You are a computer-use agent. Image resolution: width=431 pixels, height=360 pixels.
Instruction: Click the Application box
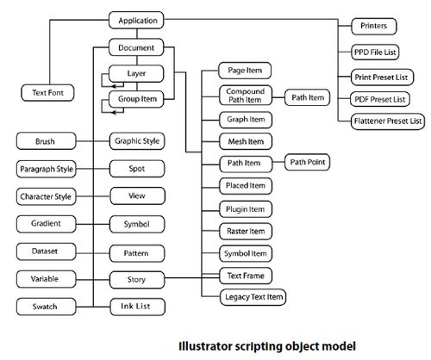click(136, 21)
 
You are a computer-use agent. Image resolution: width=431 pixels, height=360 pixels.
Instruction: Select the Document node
click(136, 47)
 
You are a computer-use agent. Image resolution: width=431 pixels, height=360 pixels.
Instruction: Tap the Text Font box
click(47, 93)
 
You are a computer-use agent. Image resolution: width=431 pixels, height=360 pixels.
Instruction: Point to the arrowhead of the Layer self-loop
click(114, 86)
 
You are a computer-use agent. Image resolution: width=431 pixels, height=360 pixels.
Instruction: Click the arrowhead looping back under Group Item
click(114, 112)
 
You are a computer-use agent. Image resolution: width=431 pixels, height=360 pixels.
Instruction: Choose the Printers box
click(374, 26)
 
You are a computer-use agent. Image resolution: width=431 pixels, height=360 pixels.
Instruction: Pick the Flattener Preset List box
click(388, 121)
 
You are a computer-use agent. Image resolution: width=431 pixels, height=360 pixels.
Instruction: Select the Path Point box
click(307, 162)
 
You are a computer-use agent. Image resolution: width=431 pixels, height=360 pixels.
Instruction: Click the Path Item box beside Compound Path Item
click(307, 97)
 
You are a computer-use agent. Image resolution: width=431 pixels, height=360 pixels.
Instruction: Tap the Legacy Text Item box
click(253, 297)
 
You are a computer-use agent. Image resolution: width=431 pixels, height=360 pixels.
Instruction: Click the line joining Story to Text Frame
click(192, 277)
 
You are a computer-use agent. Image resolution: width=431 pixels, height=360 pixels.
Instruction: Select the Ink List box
click(138, 307)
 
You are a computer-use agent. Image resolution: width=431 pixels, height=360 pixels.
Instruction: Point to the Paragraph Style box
click(47, 169)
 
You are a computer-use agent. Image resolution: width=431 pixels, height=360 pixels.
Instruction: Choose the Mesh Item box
click(246, 141)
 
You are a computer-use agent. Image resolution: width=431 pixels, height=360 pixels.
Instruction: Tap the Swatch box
click(47, 307)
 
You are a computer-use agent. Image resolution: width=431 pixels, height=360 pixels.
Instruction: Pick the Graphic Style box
click(137, 141)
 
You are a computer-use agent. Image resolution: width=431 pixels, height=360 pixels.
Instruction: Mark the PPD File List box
click(375, 53)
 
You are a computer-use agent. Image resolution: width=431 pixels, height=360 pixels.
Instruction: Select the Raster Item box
click(246, 231)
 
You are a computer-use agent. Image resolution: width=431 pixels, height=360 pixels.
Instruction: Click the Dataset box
click(47, 251)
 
